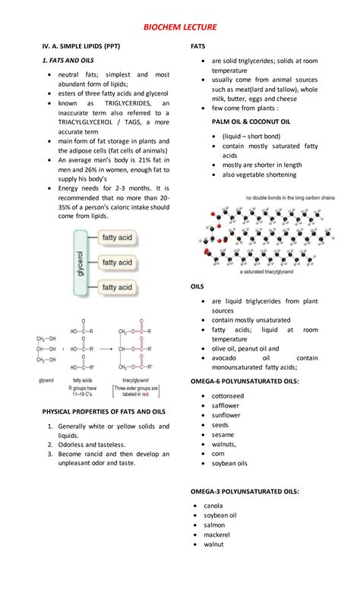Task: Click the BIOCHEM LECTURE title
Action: (x=180, y=27)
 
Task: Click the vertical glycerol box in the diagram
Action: (x=81, y=263)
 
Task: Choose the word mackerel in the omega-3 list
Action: (x=219, y=534)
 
